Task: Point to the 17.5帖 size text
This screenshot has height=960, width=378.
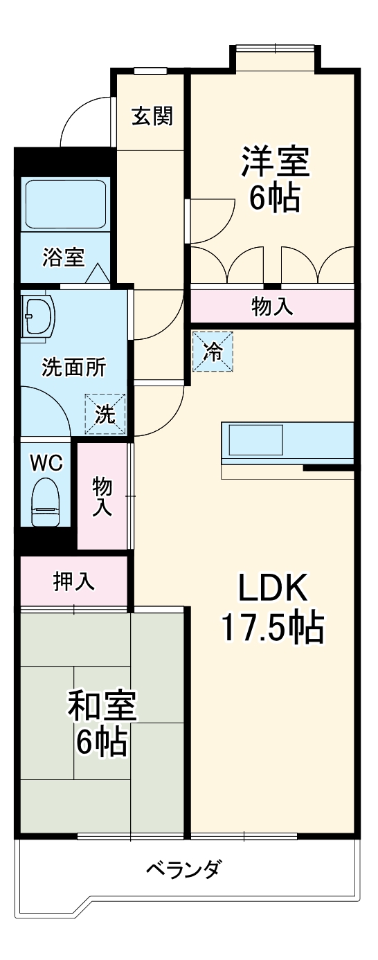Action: pyautogui.click(x=272, y=628)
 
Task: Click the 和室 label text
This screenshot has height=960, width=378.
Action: pyautogui.click(x=102, y=705)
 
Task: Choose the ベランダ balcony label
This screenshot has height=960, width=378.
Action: pyautogui.click(x=183, y=868)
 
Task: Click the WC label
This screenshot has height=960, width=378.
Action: pyautogui.click(x=46, y=462)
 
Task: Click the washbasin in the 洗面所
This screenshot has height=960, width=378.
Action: pyautogui.click(x=37, y=316)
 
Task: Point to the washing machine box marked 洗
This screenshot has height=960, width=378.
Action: pyautogui.click(x=105, y=414)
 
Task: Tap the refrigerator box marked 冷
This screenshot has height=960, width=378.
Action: pyautogui.click(x=213, y=352)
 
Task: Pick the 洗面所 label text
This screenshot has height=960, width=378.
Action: pyautogui.click(x=74, y=368)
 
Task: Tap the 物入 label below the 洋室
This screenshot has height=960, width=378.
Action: pyautogui.click(x=272, y=307)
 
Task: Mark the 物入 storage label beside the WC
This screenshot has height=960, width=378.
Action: pyautogui.click(x=102, y=496)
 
